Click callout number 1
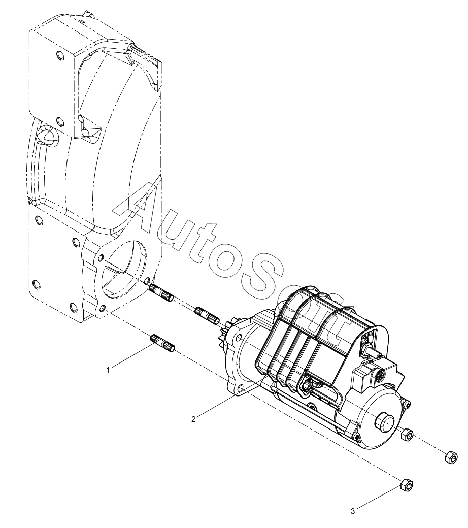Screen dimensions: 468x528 click(x=108, y=370)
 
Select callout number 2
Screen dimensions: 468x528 click(x=193, y=419)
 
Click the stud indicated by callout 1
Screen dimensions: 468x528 click(x=163, y=344)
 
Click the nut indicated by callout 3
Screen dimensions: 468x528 click(x=407, y=485)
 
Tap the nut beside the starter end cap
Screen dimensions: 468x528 click(x=407, y=435)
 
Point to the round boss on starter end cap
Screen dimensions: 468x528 click(x=384, y=421)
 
